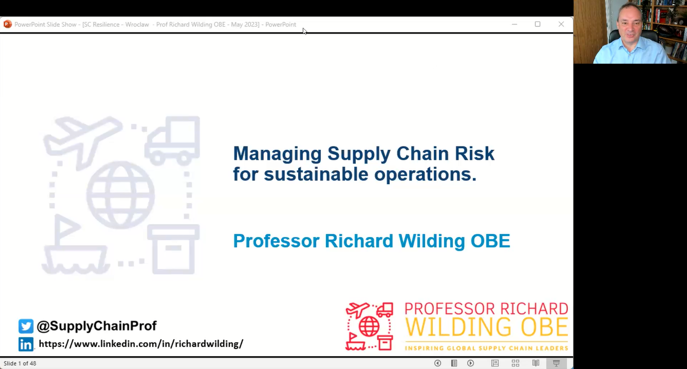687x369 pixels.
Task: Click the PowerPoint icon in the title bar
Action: point(8,24)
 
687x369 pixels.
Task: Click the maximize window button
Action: point(537,24)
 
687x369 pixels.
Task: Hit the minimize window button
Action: point(514,24)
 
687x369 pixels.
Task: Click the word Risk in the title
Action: point(474,153)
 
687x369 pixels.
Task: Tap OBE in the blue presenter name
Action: point(490,241)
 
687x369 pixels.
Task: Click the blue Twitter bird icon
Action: point(26,326)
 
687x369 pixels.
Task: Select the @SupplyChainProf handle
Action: point(97,326)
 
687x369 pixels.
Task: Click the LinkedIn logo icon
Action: point(26,344)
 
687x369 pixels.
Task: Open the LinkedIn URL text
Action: point(141,344)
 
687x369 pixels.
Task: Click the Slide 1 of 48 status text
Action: point(20,363)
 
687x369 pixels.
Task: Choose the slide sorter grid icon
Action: point(515,363)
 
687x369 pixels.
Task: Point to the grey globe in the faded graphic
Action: point(121,195)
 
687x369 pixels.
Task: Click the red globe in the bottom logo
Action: point(369,326)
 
